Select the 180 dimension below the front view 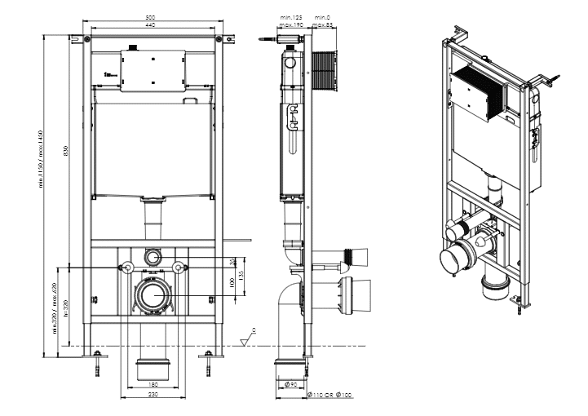coord(153,383)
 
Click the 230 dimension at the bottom coord(153,393)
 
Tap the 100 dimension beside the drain coord(231,281)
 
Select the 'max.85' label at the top coord(324,25)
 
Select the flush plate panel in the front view coord(153,72)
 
